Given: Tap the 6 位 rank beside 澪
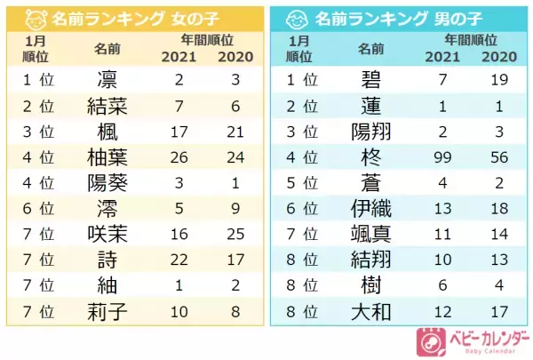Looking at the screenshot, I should (37, 211).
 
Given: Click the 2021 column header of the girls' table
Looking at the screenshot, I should (179, 57).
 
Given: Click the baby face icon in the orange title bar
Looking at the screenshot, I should (32, 19).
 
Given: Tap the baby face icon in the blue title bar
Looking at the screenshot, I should (298, 19).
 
